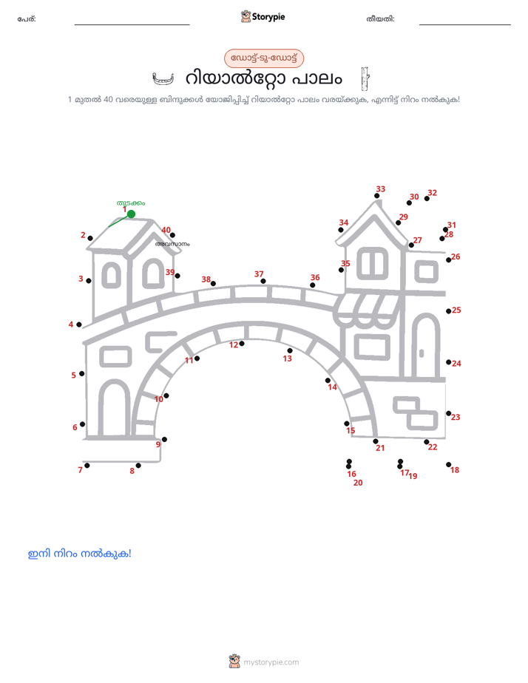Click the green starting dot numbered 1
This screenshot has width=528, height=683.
[131, 214]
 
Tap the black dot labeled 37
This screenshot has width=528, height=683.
[263, 282]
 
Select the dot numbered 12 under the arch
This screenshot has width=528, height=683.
[242, 344]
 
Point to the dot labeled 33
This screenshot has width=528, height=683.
[377, 196]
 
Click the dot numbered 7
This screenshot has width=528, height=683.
[87, 466]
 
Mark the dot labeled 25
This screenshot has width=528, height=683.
[448, 311]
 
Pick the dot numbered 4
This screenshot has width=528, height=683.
[79, 324]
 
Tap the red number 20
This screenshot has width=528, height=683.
[358, 483]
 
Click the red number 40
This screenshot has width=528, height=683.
[166, 230]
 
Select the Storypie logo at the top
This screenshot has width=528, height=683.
[263, 16]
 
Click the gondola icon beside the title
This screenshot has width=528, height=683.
[163, 78]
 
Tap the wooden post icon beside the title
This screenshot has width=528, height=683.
[365, 78]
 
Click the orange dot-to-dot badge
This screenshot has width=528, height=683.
[264, 58]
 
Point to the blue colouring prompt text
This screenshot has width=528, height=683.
[79, 554]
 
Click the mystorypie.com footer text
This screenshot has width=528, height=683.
[271, 662]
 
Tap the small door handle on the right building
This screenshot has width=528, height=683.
[422, 353]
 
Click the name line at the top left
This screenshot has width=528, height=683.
[132, 24]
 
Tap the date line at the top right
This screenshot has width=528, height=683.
[465, 24]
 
